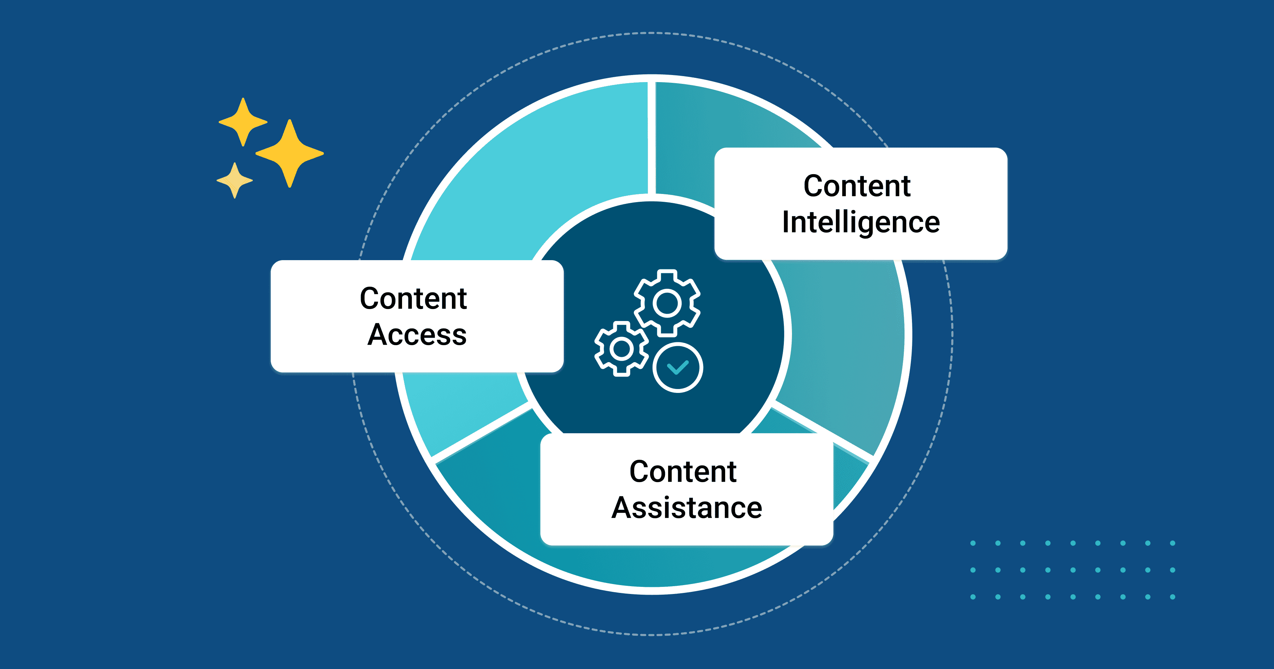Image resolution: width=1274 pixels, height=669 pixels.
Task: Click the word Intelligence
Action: click(x=861, y=223)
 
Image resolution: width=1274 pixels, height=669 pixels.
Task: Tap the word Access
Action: click(x=417, y=335)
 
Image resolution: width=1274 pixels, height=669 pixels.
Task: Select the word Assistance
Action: click(x=687, y=508)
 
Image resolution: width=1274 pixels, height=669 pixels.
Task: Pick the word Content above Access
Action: click(x=413, y=298)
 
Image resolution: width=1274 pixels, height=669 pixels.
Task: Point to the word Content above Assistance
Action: click(x=683, y=471)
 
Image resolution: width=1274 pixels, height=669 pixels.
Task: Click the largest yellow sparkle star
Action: click(x=290, y=153)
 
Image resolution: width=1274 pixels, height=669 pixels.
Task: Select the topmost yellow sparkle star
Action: click(x=243, y=122)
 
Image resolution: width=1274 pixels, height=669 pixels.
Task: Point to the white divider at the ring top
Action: click(x=652, y=138)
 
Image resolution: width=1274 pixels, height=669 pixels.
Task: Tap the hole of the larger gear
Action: click(x=667, y=303)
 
